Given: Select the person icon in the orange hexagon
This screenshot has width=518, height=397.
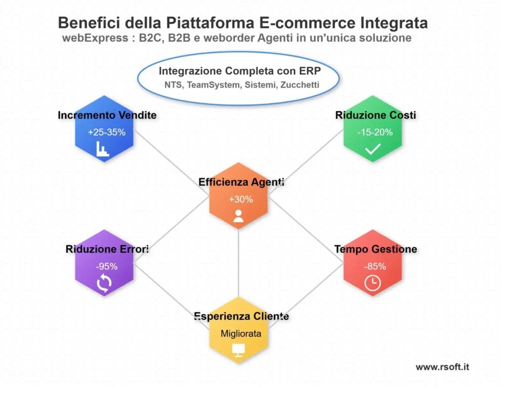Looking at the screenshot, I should (239, 216).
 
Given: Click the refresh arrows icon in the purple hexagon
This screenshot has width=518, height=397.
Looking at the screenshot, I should (104, 283).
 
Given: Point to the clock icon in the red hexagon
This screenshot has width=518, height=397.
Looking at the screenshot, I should (373, 283).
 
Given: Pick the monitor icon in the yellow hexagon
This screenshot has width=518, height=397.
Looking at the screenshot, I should (238, 350).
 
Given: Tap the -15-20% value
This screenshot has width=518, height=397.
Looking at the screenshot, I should (374, 132).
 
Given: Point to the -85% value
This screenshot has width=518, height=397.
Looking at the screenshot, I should (375, 266).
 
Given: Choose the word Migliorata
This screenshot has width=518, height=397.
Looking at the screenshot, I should (241, 333).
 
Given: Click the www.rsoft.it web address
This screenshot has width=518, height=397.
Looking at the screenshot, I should (442, 367).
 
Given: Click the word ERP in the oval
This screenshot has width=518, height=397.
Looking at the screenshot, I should (310, 71).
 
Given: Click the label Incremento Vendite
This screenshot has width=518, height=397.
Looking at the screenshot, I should (107, 115).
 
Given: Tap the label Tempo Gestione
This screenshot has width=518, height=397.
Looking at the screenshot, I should (375, 249).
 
